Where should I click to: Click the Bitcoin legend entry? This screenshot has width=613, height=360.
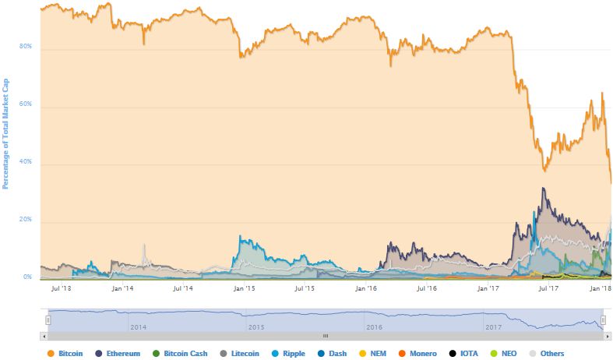point(69,353)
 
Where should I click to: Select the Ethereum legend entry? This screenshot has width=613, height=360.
point(130,353)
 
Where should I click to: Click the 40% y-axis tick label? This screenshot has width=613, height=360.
point(26,162)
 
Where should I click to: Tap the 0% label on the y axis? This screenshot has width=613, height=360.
point(27,277)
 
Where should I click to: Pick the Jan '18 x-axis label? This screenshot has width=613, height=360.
point(599,288)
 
